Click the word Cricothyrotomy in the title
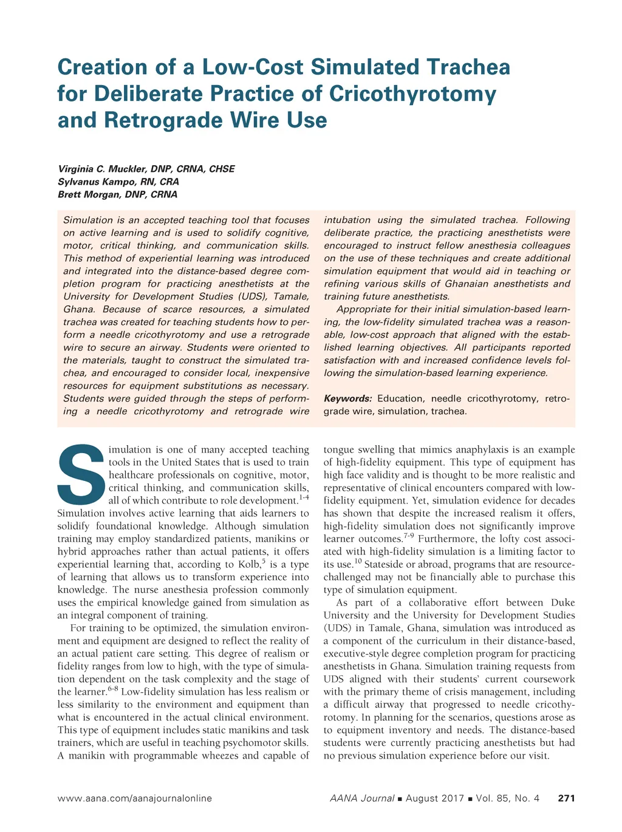(x=412, y=94)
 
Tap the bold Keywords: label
(x=347, y=398)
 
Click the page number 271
(x=566, y=798)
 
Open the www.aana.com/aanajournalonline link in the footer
(x=134, y=798)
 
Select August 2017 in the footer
(x=434, y=798)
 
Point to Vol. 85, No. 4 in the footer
(x=507, y=798)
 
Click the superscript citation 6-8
(x=112, y=689)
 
